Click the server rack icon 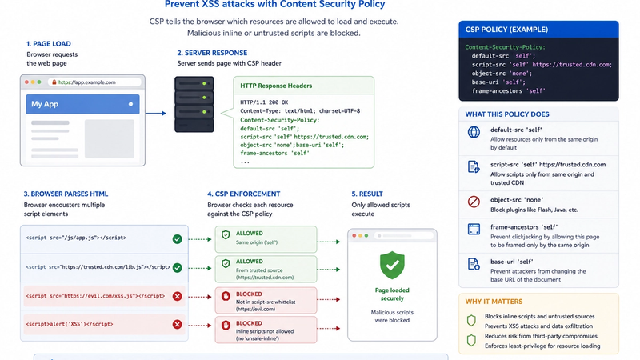194,104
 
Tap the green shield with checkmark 392,266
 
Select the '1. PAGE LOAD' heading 49,44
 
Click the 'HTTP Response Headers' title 276,86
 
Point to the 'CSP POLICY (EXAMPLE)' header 506,30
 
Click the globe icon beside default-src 474,132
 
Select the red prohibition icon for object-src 474,202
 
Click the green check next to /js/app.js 177,239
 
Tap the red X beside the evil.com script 177,296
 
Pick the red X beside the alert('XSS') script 177,325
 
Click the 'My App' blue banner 82,104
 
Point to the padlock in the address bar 54,82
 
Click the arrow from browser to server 155,113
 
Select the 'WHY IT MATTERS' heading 494,302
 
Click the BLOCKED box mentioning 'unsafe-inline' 266,330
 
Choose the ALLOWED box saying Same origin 266,238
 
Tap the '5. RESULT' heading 367,194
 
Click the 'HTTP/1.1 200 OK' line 264,102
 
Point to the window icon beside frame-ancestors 474,229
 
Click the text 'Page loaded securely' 392,294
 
